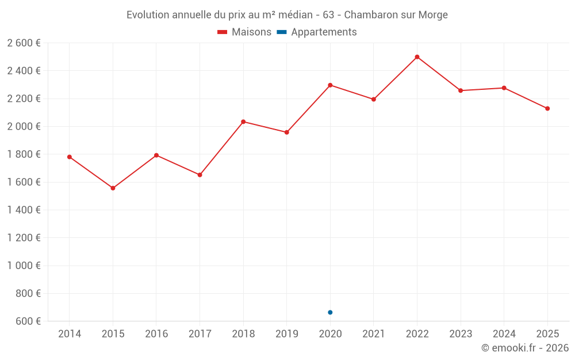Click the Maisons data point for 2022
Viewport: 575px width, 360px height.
[x=417, y=57]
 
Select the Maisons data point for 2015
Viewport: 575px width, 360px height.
[x=113, y=188]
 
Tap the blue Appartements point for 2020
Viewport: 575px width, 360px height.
[x=330, y=312]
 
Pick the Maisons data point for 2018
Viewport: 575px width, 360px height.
[x=243, y=122]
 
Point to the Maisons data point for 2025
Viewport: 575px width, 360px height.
[x=547, y=108]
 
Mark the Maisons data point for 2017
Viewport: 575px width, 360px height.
[x=200, y=175]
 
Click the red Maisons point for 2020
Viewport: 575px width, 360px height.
[x=330, y=85]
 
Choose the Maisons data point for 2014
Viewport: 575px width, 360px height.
[x=70, y=157]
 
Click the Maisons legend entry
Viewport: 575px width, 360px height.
[x=244, y=32]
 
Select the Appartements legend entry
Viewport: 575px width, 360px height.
[x=317, y=32]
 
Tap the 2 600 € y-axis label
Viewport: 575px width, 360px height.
[x=24, y=43]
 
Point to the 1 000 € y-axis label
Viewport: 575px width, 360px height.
[x=24, y=266]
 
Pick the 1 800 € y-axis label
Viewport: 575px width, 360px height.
[x=24, y=154]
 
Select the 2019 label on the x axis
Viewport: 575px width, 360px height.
[x=286, y=334]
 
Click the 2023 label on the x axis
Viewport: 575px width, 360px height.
[x=460, y=334]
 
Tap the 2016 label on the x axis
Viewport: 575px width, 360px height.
[x=156, y=334]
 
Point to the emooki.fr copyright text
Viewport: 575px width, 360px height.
[x=524, y=348]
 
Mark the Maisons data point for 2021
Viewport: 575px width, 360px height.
[x=373, y=99]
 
